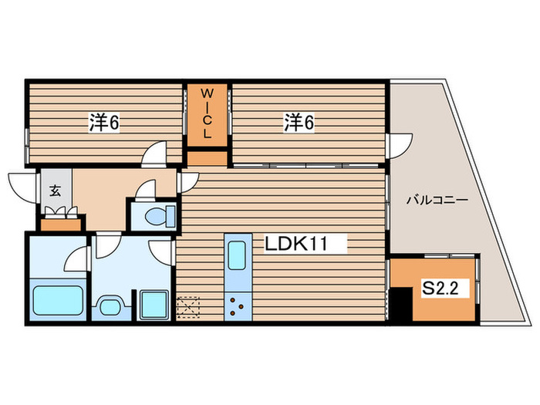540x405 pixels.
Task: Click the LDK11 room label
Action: pyautogui.click(x=297, y=245)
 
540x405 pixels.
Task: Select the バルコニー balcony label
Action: pyautogui.click(x=437, y=201)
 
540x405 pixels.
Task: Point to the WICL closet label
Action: pyautogui.click(x=207, y=114)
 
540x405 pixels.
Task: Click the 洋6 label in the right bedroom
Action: pyautogui.click(x=298, y=122)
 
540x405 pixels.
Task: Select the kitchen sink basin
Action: pyautogui.click(x=237, y=253)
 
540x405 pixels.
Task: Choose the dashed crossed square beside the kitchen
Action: pyautogui.click(x=187, y=307)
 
